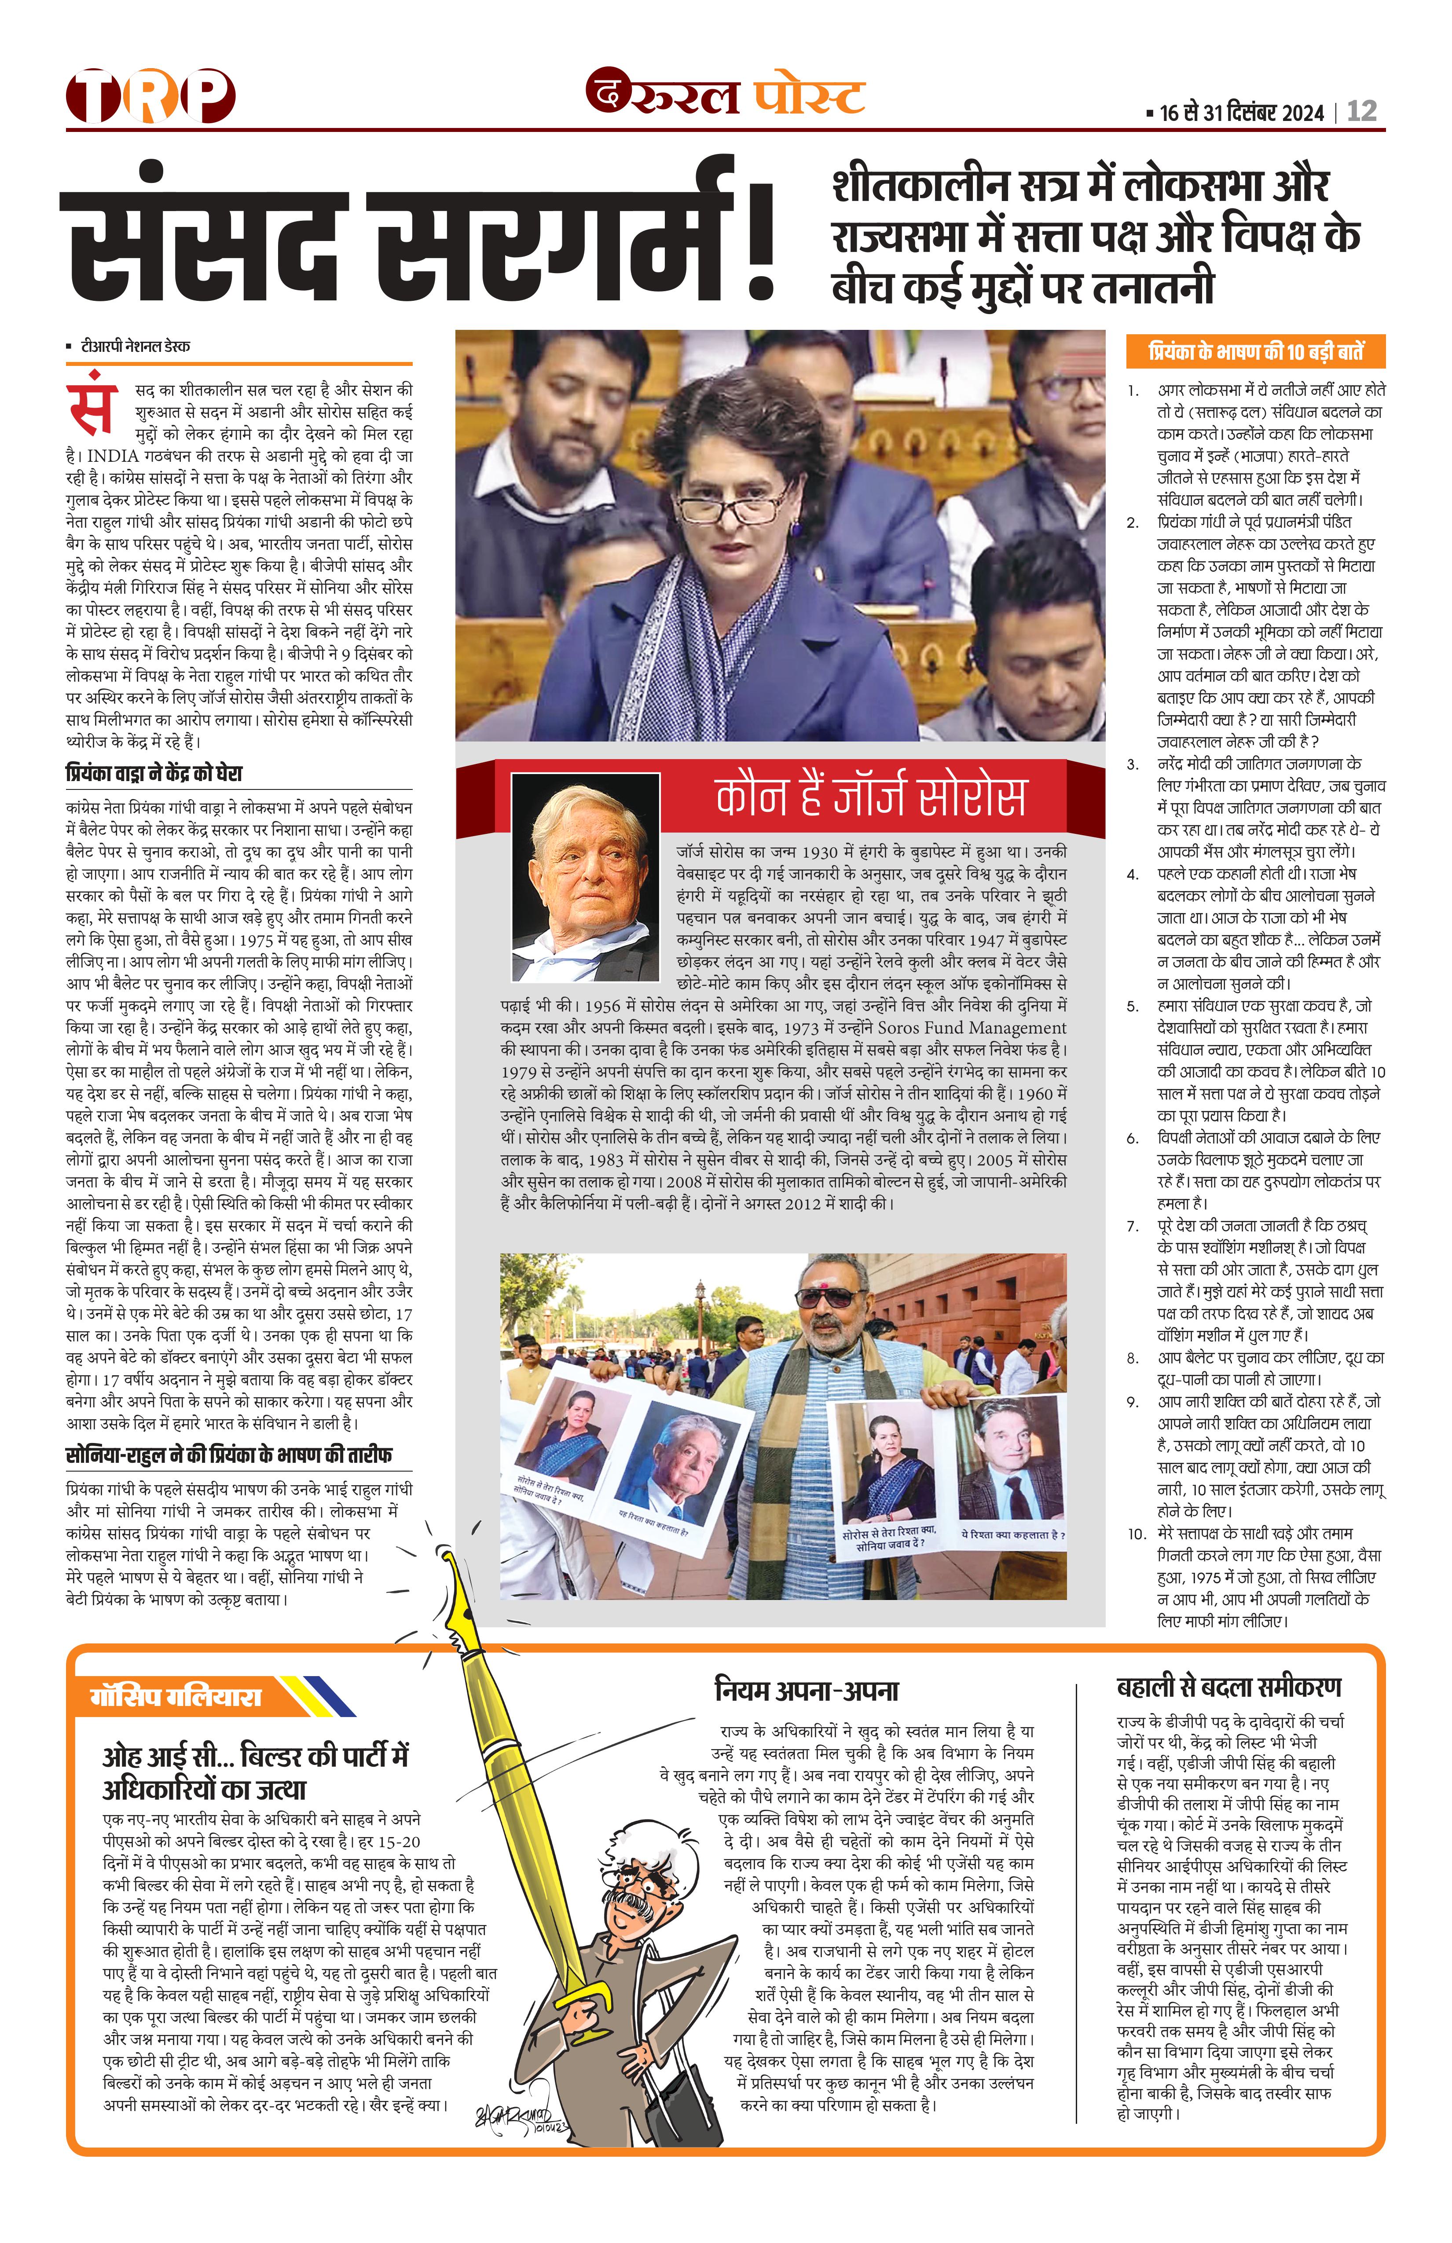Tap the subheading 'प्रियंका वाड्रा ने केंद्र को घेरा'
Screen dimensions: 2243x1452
click(154, 774)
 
